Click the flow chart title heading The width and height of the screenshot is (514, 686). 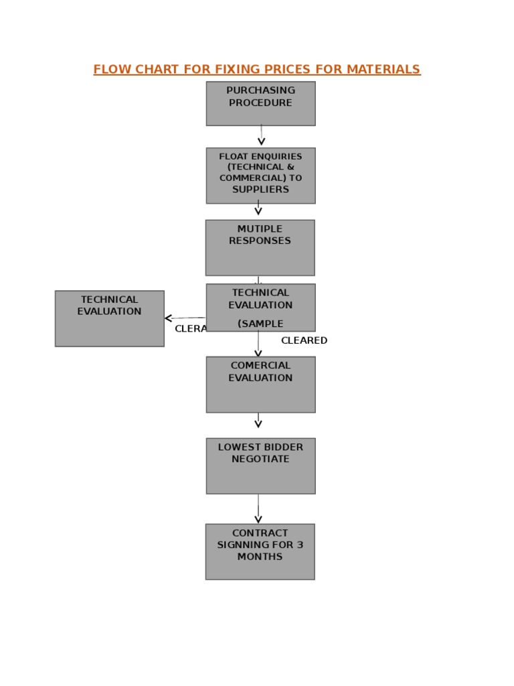click(256, 70)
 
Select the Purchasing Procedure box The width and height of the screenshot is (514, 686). click(260, 104)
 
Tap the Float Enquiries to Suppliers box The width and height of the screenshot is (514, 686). click(260, 176)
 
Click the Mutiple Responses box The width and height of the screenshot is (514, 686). click(260, 248)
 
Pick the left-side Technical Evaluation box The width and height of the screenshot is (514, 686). click(109, 318)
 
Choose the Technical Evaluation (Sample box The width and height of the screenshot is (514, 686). click(260, 307)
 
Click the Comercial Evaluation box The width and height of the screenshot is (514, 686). click(260, 385)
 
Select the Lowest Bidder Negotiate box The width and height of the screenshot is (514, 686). click(260, 466)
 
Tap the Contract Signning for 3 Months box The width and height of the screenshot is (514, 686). click(260, 551)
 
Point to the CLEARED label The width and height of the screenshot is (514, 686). click(304, 340)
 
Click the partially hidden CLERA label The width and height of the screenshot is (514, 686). click(190, 329)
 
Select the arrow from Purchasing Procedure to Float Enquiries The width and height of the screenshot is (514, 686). click(261, 136)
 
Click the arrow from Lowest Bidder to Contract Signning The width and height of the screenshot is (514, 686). click(258, 510)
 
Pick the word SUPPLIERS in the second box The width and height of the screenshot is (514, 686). click(260, 190)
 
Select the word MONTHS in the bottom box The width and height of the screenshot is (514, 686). click(260, 557)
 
